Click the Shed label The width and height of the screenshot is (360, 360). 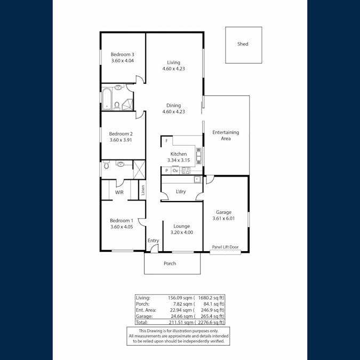point(243,44)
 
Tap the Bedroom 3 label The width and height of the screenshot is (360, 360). point(122,54)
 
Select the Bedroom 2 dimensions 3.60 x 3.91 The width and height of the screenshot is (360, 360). point(121,140)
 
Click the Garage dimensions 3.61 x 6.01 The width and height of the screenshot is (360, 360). point(223,218)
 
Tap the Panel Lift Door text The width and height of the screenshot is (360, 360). point(225,247)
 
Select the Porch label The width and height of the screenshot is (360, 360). point(170,263)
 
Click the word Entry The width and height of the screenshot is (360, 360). point(153,241)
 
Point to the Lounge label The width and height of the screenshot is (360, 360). point(181,226)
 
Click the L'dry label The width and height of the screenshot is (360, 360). point(180,191)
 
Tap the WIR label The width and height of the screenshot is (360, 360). point(119,192)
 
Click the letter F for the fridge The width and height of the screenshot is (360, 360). point(166,141)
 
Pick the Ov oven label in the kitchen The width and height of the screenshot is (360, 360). point(175,171)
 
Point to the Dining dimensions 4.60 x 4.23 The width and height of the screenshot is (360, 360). point(173,112)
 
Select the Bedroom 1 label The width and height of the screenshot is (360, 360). point(121,221)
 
